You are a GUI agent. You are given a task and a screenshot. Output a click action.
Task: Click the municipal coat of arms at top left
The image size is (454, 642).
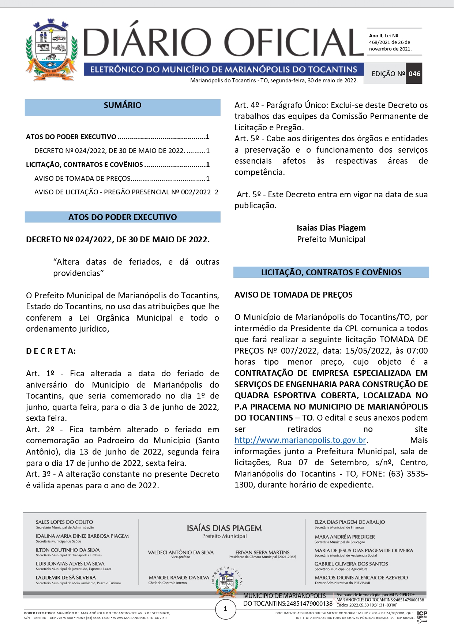(51, 51)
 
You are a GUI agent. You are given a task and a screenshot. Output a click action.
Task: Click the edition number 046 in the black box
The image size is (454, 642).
(414, 74)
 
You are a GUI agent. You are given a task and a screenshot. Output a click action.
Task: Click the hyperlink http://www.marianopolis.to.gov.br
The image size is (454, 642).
(300, 440)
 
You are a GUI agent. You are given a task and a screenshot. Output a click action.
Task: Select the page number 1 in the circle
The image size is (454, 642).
(225, 609)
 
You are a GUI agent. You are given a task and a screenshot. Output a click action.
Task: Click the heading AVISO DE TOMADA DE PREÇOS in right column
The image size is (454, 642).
(293, 295)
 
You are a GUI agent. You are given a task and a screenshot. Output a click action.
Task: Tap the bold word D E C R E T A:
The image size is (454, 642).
(51, 351)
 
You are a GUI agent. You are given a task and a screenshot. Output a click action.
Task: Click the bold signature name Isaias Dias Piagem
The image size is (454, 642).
(331, 228)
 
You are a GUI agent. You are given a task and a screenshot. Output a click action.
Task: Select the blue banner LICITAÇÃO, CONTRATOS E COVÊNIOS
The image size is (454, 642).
(331, 273)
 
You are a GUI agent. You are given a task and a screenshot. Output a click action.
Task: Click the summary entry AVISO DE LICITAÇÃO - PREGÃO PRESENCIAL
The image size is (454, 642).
(123, 192)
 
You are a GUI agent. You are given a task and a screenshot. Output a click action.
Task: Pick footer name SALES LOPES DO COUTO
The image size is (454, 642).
(64, 522)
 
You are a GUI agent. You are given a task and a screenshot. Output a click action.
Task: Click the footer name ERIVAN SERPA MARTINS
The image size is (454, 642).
(262, 552)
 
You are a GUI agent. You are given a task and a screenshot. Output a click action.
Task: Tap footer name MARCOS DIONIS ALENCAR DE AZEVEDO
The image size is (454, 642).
(361, 578)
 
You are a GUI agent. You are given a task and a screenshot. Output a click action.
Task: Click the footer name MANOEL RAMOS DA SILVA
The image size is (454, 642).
(179, 578)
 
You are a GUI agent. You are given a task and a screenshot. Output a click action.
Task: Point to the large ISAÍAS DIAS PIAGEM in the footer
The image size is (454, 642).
(224, 528)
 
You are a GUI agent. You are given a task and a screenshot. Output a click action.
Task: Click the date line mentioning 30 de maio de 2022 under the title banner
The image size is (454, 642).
(274, 81)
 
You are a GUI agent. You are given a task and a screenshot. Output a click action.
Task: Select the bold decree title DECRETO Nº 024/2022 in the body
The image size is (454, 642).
(118, 240)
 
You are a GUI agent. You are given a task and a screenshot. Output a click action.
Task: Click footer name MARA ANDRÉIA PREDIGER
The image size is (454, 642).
(345, 537)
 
